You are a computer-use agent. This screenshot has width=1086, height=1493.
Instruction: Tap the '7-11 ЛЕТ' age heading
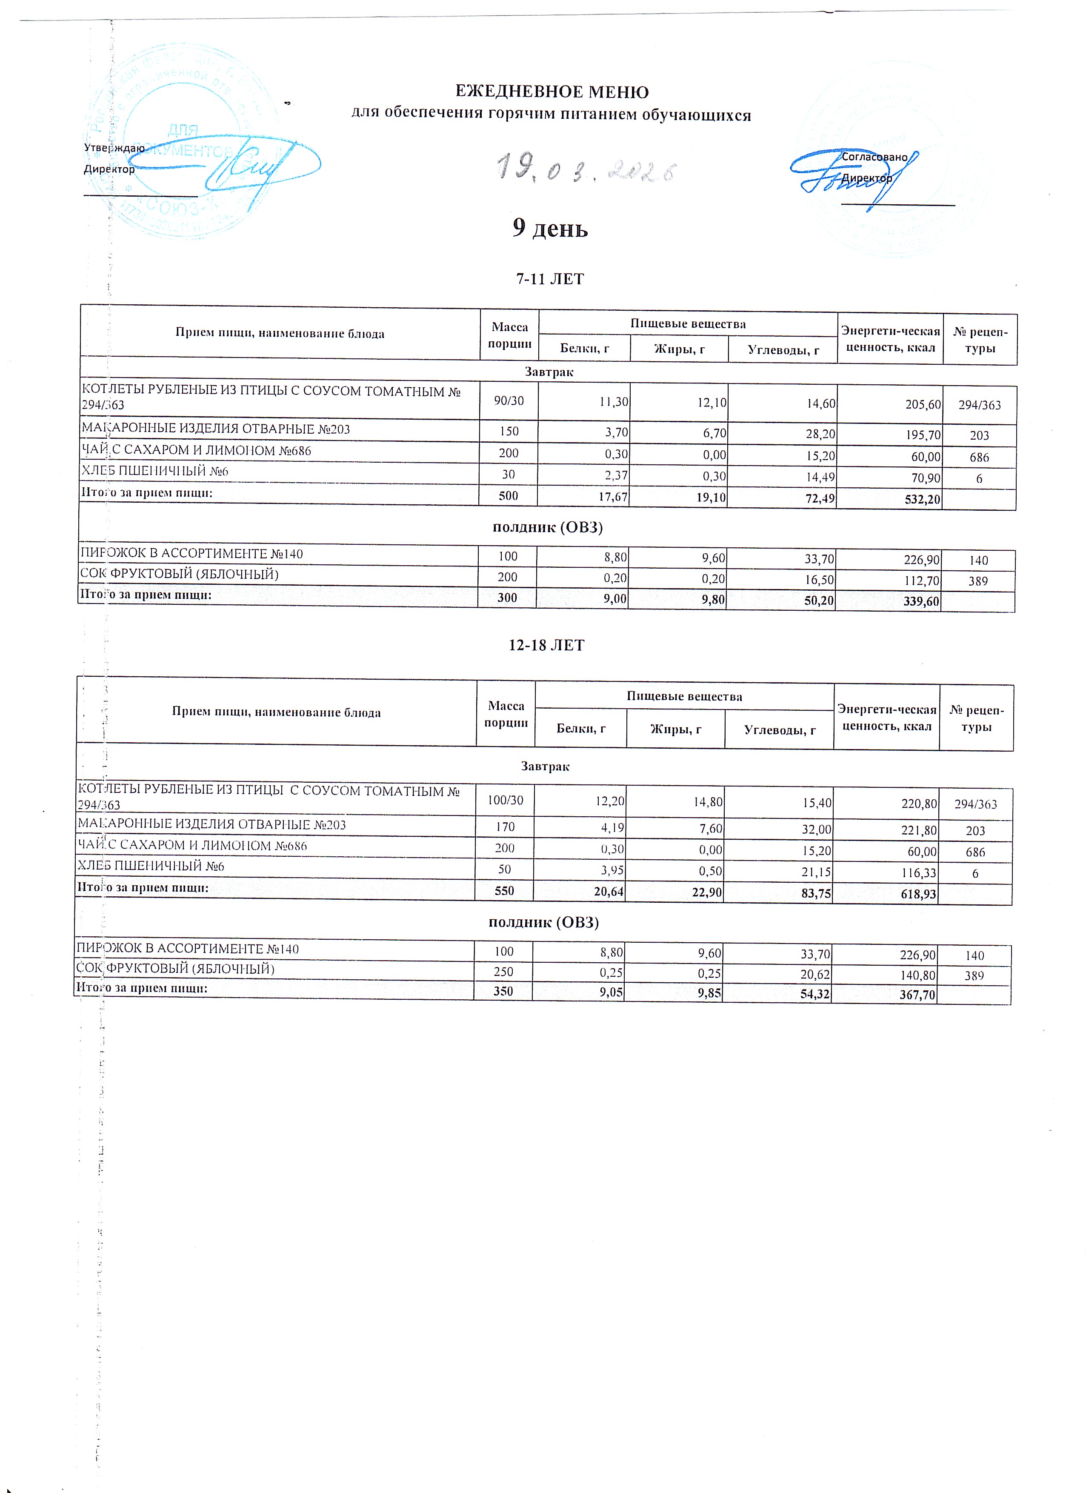click(549, 279)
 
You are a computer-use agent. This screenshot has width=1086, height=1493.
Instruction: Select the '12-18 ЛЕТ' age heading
click(546, 645)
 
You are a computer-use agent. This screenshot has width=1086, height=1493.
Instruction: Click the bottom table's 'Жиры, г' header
click(675, 729)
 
